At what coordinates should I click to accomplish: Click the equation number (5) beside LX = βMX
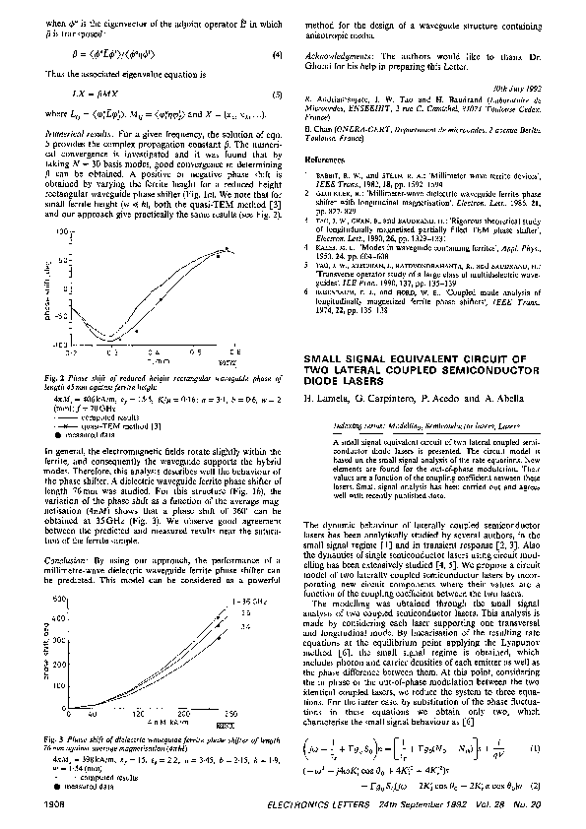pos(277,95)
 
